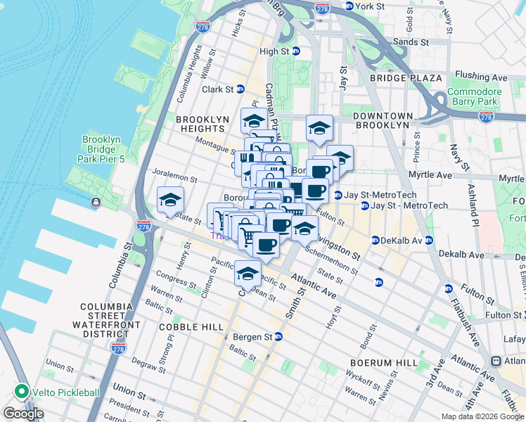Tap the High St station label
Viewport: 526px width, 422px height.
click(274, 51)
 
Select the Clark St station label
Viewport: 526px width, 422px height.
click(218, 89)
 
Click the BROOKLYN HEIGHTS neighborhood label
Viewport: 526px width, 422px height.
click(203, 124)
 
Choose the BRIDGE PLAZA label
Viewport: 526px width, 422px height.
click(406, 78)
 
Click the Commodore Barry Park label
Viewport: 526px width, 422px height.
click(473, 97)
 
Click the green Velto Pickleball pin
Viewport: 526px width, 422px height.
click(22, 392)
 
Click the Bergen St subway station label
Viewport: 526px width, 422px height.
click(252, 338)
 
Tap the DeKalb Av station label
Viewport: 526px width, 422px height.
click(402, 241)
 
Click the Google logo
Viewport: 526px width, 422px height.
click(23, 414)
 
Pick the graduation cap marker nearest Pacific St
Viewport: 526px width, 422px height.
click(248, 272)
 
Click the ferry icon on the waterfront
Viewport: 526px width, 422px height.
click(95, 203)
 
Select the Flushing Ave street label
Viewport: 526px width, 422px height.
click(481, 76)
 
